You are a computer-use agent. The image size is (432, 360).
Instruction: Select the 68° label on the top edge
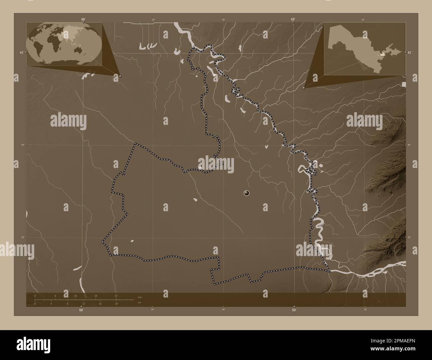(83, 19)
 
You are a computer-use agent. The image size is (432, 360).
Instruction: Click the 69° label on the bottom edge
(294, 310)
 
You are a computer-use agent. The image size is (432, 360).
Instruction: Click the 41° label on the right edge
(409, 52)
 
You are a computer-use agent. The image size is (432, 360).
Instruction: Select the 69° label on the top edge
(293, 19)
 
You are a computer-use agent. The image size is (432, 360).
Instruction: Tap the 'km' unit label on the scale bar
(140, 297)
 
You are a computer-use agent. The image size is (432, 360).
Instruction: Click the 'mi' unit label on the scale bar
(140, 302)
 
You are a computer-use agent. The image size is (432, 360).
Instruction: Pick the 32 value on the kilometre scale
(116, 296)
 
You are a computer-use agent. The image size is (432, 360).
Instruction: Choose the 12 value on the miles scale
(84, 304)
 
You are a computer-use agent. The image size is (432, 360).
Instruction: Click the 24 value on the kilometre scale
(96, 296)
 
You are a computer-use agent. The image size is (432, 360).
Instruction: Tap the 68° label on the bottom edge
(81, 310)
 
